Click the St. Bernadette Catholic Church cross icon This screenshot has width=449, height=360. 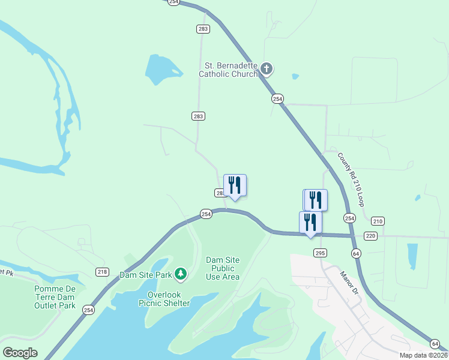pyautogui.click(x=267, y=70)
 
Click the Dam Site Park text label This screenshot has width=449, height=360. pyautogui.click(x=145, y=275)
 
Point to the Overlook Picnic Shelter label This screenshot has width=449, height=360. pyautogui.click(x=169, y=299)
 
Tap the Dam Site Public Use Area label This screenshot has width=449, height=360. pyautogui.click(x=223, y=268)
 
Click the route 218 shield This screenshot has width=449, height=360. pyautogui.click(x=102, y=272)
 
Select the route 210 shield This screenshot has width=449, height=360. pyautogui.click(x=378, y=221)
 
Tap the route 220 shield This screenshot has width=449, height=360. pyautogui.click(x=370, y=236)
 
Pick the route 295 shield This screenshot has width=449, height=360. pyautogui.click(x=320, y=253)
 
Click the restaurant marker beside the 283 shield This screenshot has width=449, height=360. pyautogui.click(x=235, y=185)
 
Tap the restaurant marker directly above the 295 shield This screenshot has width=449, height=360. pyautogui.click(x=310, y=223)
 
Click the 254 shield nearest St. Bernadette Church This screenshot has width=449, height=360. pyautogui.click(x=277, y=98)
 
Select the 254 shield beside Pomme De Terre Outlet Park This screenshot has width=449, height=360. pyautogui.click(x=89, y=310)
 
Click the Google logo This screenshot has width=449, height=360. pyautogui.click(x=20, y=352)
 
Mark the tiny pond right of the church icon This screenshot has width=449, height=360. pyautogui.click(x=295, y=76)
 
